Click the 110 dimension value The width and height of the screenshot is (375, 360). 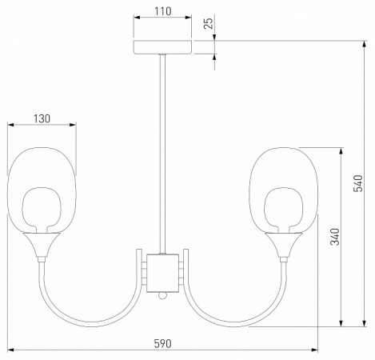click(162, 11)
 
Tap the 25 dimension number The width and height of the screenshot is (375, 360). click(209, 23)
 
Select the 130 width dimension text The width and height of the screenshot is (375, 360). click(42, 118)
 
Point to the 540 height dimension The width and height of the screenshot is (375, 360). click(358, 183)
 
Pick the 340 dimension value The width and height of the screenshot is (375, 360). click(335, 237)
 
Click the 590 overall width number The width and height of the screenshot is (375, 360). click(162, 344)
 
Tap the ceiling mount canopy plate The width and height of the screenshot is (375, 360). click(162, 47)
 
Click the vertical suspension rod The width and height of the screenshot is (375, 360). click(162, 154)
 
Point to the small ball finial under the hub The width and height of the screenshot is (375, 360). click(162, 295)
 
